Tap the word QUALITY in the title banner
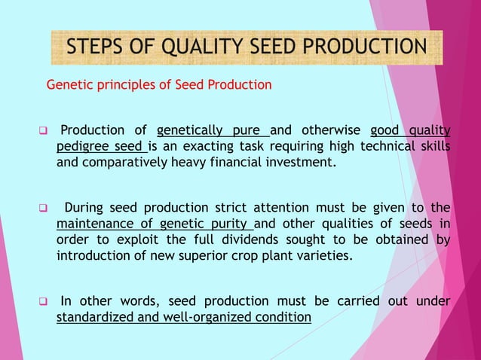(x=201, y=47)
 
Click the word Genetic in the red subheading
(x=69, y=85)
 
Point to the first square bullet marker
(x=43, y=131)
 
